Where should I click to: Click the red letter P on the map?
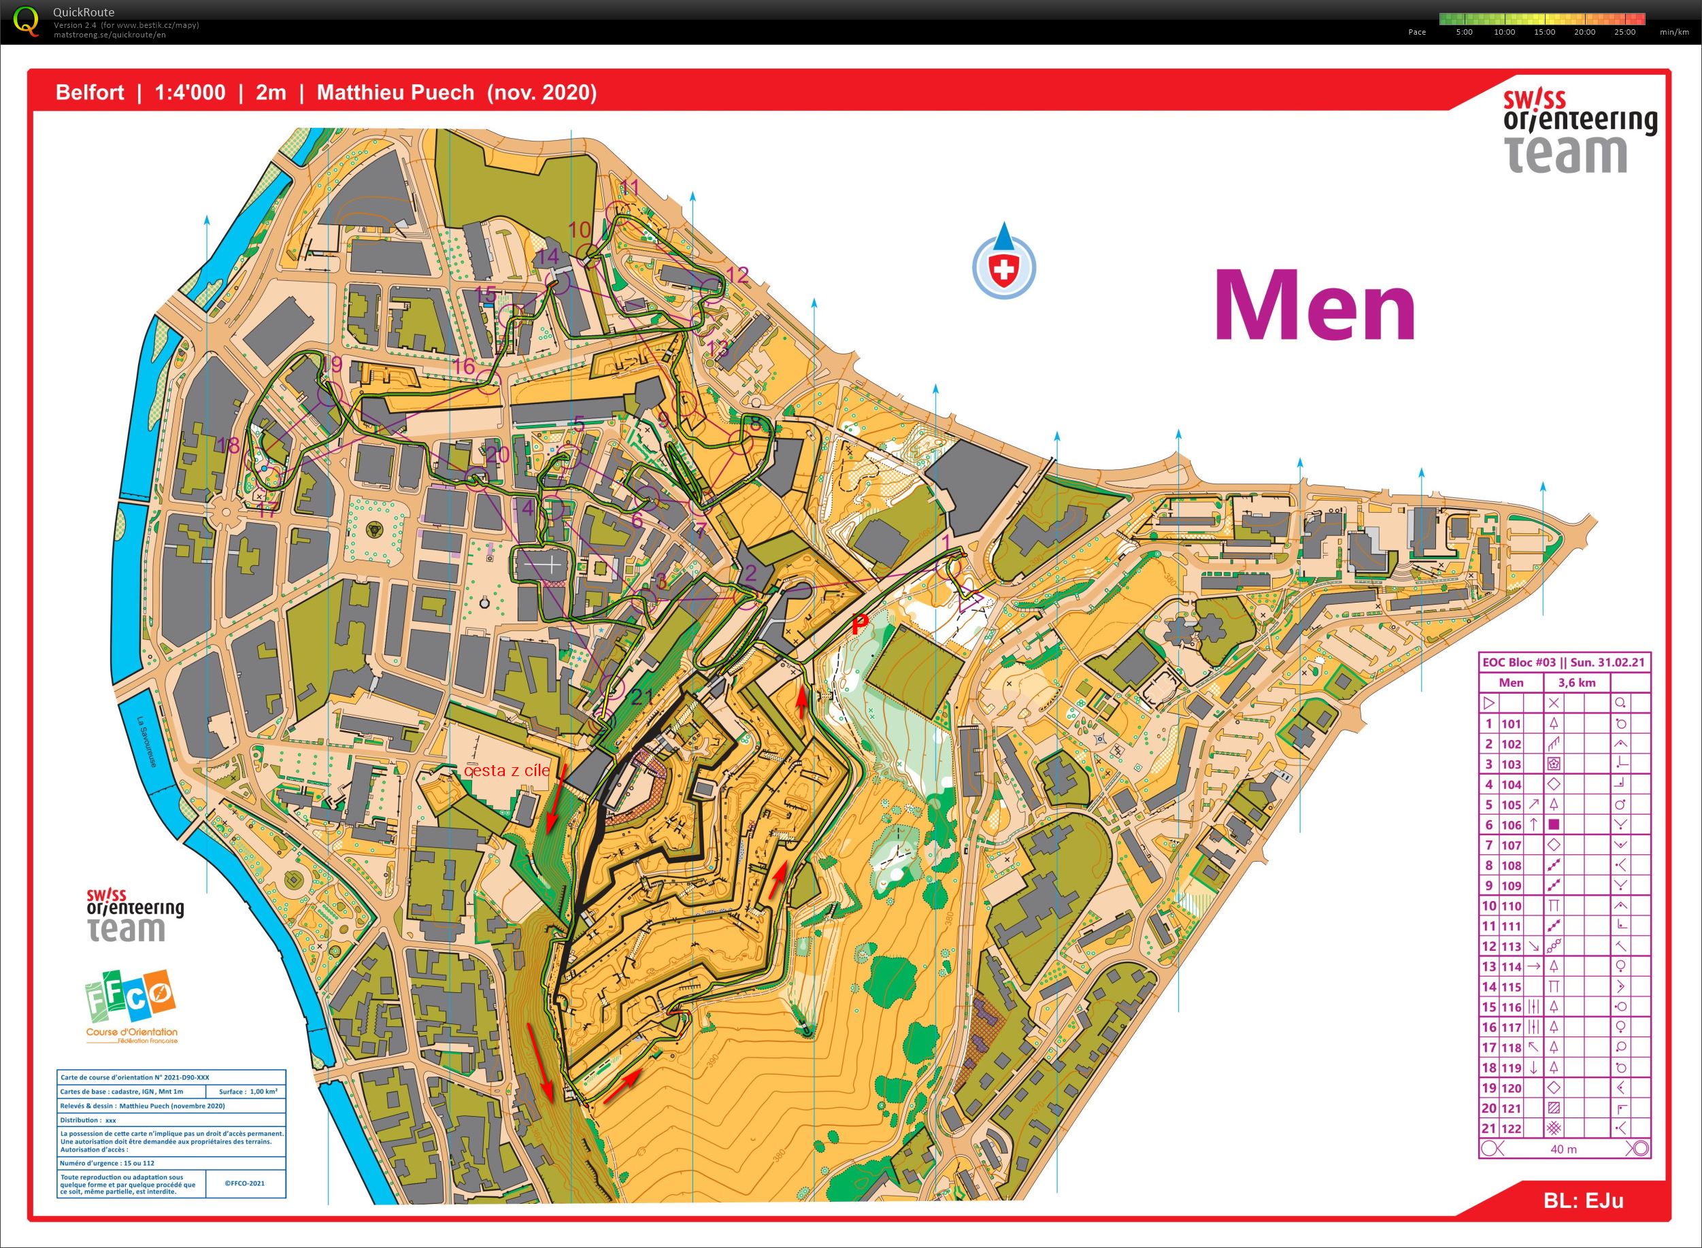click(x=860, y=624)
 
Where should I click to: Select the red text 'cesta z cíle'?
click(x=506, y=771)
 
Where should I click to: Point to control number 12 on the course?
click(x=737, y=274)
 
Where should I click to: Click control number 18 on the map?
click(x=227, y=445)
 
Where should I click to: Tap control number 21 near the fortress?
click(x=641, y=696)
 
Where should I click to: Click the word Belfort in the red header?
click(x=90, y=93)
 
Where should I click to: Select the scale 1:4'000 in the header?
click(x=190, y=93)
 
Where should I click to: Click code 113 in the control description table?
click(x=1511, y=947)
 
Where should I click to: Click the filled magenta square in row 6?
click(x=1554, y=825)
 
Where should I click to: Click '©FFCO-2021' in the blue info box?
click(x=244, y=1185)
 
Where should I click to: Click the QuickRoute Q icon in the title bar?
click(x=27, y=20)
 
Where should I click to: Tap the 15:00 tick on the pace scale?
click(x=1544, y=32)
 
